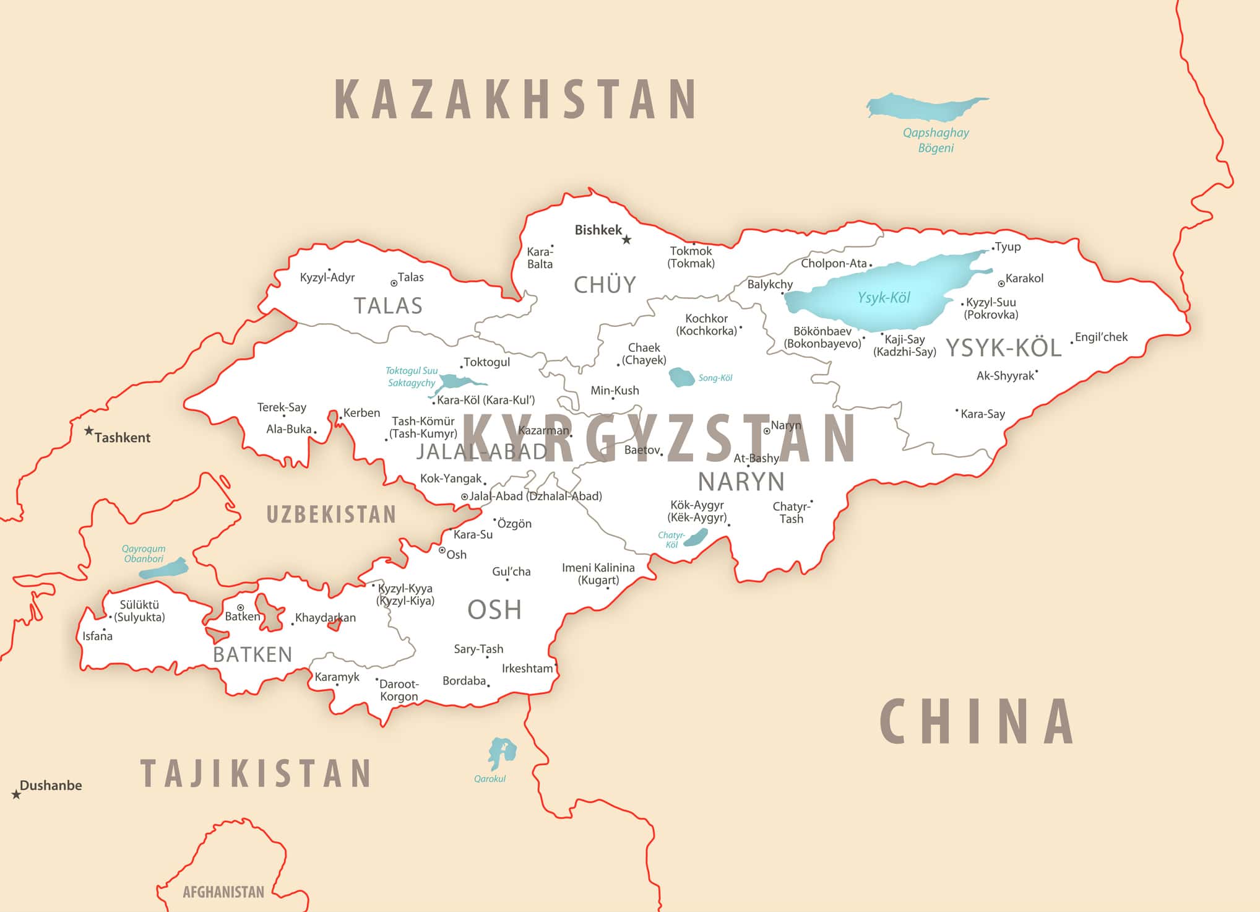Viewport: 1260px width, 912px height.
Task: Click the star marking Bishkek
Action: pos(626,240)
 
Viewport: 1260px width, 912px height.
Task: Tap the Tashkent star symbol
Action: pos(89,430)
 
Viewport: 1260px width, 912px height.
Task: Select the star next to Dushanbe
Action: pos(16,794)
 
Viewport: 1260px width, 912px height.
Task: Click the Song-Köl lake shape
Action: pos(681,377)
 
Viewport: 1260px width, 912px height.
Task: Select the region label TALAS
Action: pos(388,306)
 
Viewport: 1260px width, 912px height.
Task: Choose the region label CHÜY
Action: pos(605,285)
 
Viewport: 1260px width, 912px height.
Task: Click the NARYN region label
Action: pos(741,482)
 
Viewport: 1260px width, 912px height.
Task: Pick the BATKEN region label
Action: pos(252,654)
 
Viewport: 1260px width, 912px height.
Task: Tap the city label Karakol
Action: pos(1024,279)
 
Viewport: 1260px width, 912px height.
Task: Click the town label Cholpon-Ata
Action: pos(834,264)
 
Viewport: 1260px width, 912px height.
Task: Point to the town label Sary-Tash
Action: pos(478,649)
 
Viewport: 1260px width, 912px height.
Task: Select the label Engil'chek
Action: pos(1101,337)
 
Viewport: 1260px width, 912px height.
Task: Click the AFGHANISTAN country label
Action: pos(223,892)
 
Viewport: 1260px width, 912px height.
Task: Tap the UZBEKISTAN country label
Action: pos(331,515)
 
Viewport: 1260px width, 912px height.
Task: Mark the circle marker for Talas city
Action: pos(394,284)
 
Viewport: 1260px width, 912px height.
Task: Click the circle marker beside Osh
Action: pos(442,550)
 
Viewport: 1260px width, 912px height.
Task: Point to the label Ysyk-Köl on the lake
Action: pos(884,298)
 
